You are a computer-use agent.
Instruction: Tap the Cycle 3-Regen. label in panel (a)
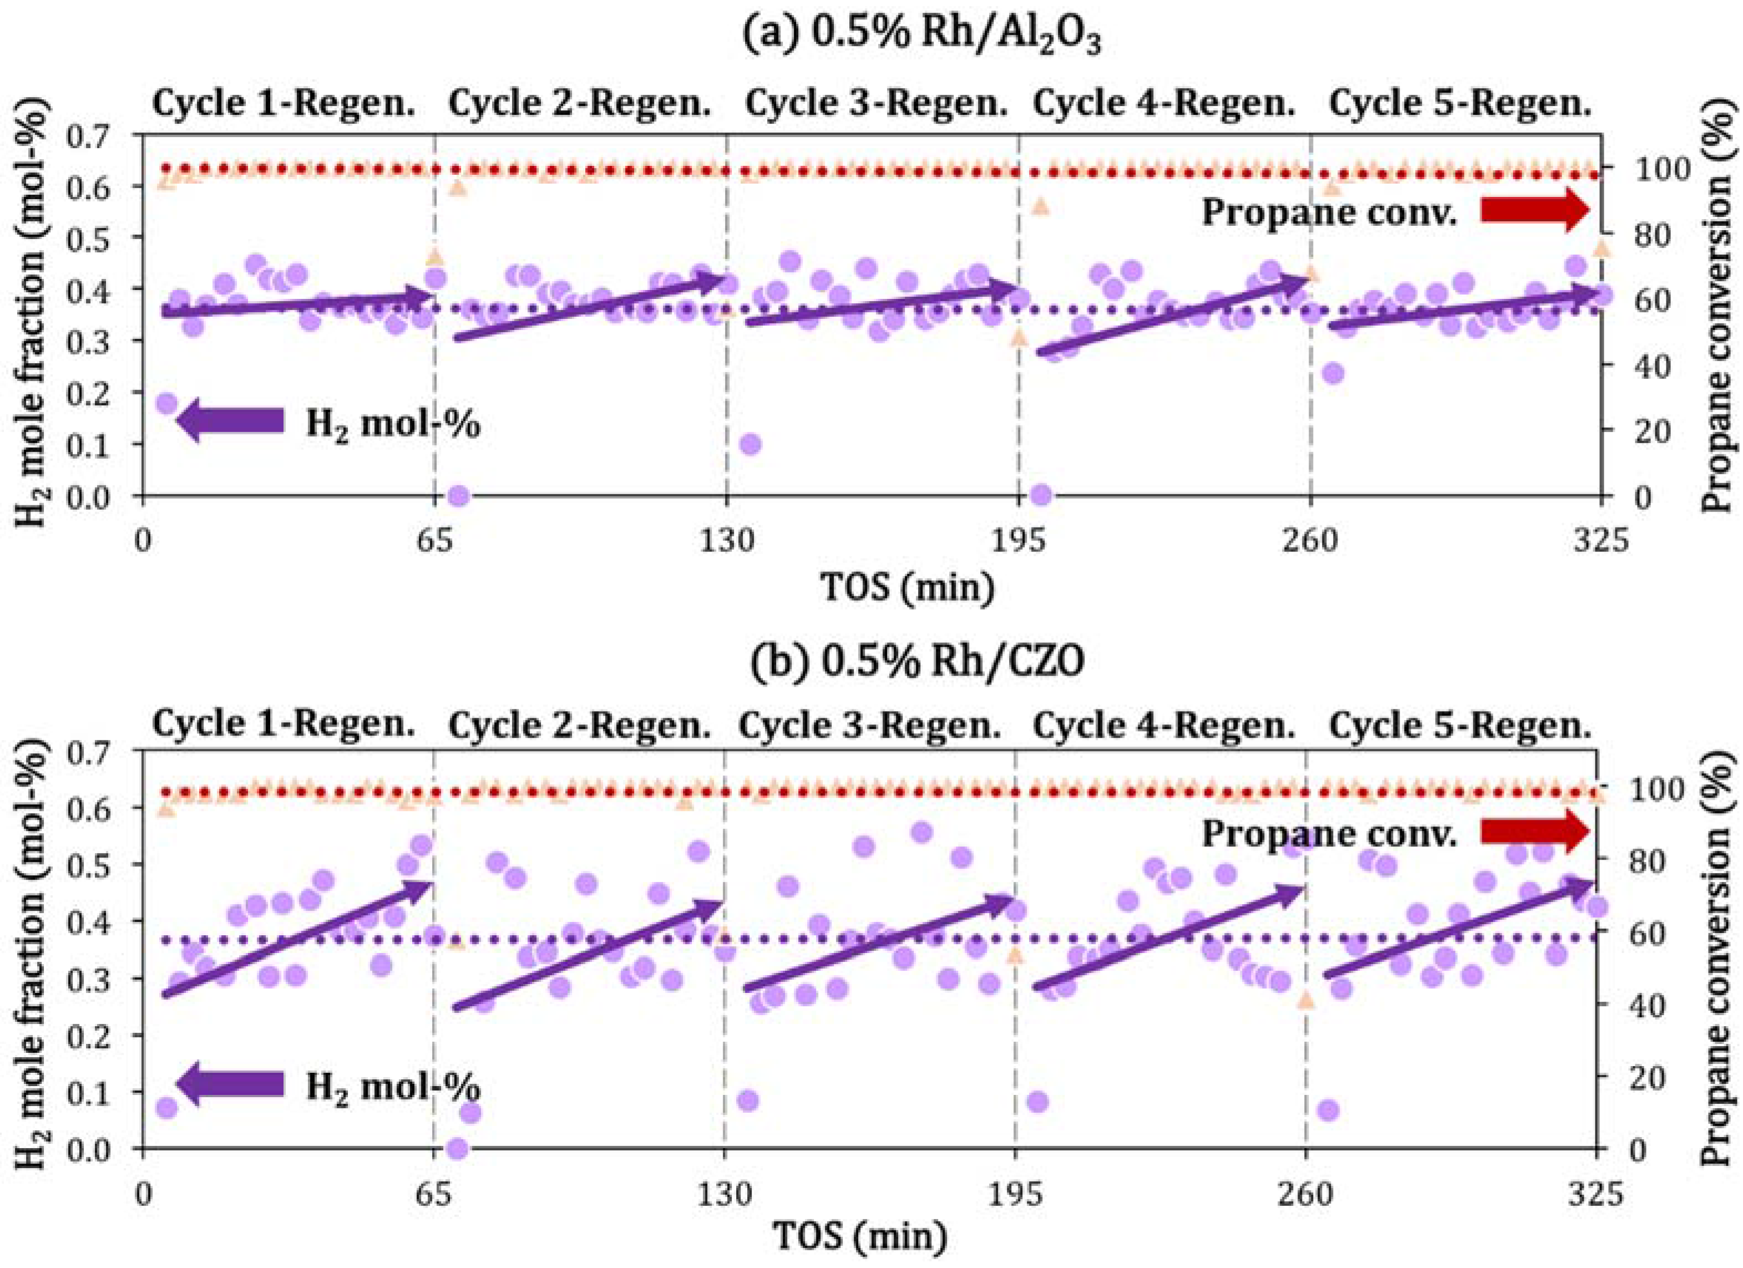pos(876,104)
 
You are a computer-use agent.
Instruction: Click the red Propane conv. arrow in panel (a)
pos(1534,211)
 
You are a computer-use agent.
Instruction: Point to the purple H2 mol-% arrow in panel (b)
pos(231,1083)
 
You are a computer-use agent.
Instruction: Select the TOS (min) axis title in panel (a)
pos(908,587)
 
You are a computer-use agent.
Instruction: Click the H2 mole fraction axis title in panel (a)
pos(31,315)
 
